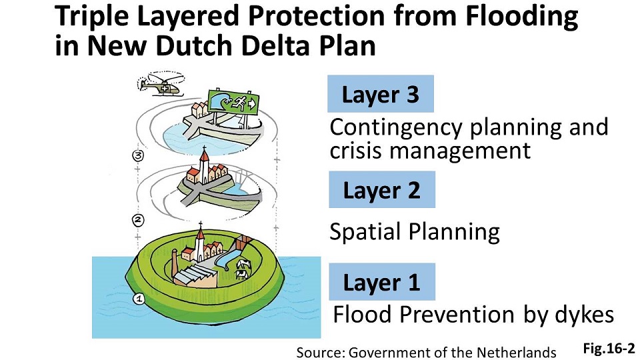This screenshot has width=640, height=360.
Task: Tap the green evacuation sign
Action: pyautogui.click(x=231, y=101)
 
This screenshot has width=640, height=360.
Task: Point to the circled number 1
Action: pyautogui.click(x=139, y=299)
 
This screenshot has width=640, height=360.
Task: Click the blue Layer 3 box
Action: pyautogui.click(x=381, y=94)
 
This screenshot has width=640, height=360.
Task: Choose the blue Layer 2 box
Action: pyautogui.click(x=381, y=190)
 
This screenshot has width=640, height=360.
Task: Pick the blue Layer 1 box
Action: pyautogui.click(x=381, y=282)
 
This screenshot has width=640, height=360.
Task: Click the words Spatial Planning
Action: pyautogui.click(x=415, y=232)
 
